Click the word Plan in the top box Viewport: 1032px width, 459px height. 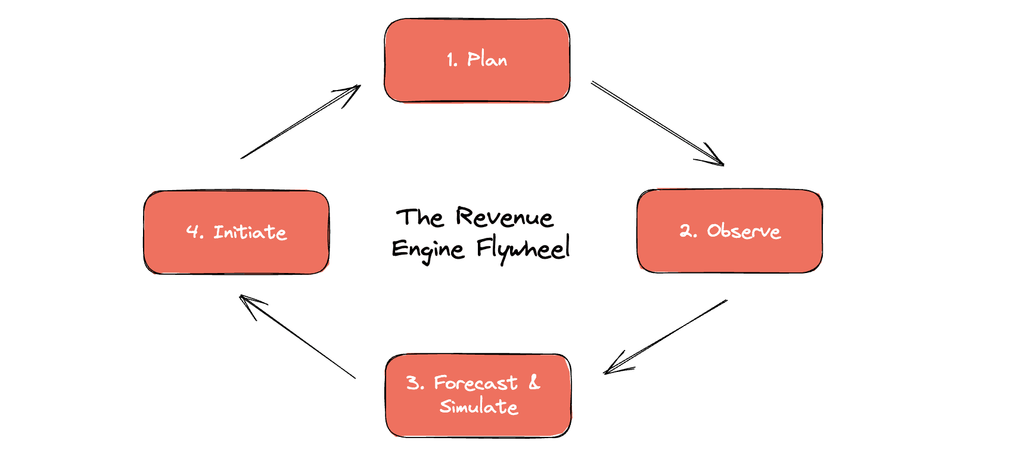click(487, 60)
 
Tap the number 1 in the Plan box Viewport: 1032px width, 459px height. click(451, 60)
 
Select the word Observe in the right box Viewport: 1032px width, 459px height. click(744, 231)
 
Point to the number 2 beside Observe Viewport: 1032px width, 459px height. click(687, 231)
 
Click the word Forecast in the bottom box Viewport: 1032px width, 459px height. click(475, 383)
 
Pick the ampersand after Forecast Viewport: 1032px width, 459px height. click(534, 382)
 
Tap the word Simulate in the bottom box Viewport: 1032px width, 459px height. click(479, 407)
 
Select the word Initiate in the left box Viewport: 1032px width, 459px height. click(250, 232)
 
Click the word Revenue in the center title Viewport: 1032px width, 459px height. click(505, 217)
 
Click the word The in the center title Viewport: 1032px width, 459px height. click(420, 218)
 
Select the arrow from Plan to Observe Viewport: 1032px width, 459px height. click(655, 123)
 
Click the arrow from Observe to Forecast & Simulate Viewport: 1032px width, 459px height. click(666, 337)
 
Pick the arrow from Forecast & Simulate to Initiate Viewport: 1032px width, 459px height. click(298, 337)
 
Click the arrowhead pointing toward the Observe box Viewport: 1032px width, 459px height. click(716, 159)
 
